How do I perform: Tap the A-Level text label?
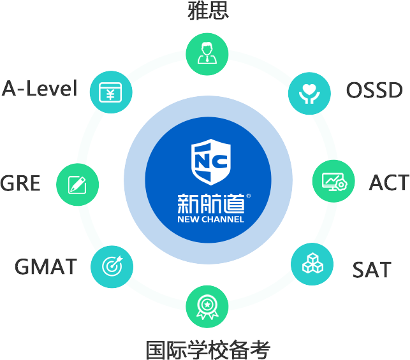[x=40, y=88]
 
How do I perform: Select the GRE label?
[x=20, y=184]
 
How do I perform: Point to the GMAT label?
[x=46, y=266]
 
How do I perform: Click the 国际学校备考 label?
[x=208, y=350]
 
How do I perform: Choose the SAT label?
[x=372, y=270]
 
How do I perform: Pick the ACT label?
[x=389, y=183]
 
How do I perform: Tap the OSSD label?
[x=375, y=90]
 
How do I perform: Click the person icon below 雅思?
[x=207, y=53]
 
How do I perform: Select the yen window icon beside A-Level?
[x=110, y=92]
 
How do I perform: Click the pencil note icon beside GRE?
[x=77, y=185]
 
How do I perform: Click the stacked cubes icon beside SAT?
[x=313, y=263]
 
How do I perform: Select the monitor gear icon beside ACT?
[x=333, y=182]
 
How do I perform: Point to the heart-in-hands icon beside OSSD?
[x=310, y=90]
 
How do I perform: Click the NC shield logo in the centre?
[x=210, y=162]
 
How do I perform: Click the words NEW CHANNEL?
[x=210, y=220]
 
